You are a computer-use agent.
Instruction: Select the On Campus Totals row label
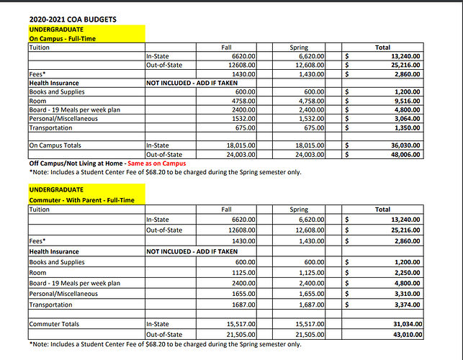[55, 145]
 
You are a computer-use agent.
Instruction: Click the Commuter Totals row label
[54, 325]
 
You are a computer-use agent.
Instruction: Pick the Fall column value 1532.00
[243, 119]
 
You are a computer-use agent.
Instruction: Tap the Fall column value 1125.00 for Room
[243, 273]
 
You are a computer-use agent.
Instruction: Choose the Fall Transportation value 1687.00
[243, 304]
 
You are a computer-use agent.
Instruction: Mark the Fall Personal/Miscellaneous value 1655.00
[243, 293]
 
